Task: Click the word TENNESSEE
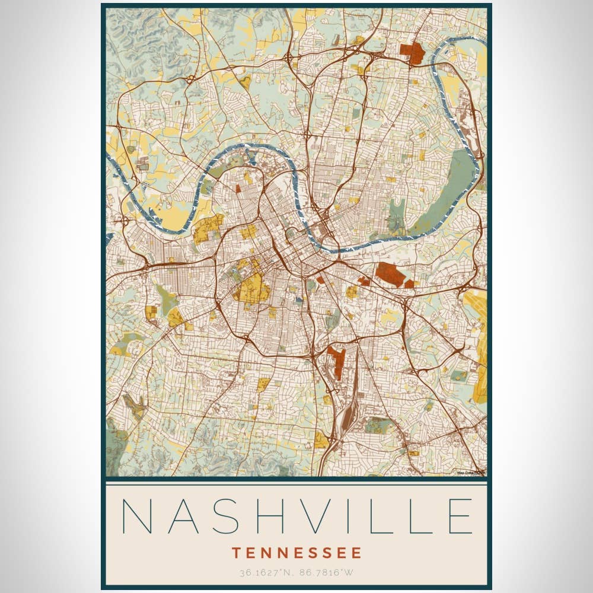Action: tap(296, 553)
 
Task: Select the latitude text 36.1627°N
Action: tap(265, 573)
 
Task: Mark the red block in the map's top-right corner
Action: tap(414, 53)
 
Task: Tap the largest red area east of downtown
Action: tap(390, 274)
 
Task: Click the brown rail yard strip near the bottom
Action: tap(347, 415)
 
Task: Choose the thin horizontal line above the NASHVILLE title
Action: tap(296, 484)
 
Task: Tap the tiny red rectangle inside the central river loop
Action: tap(238, 189)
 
